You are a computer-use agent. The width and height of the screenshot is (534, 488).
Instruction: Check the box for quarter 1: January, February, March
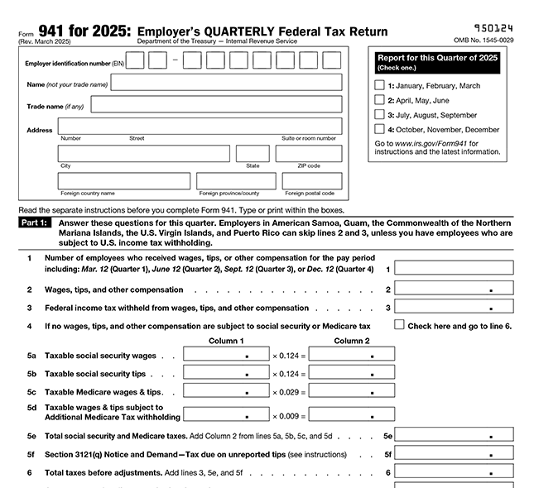pyautogui.click(x=379, y=85)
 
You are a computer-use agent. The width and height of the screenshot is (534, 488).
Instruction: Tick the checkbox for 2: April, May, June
pyautogui.click(x=379, y=100)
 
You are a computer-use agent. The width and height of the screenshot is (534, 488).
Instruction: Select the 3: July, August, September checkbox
pyautogui.click(x=379, y=115)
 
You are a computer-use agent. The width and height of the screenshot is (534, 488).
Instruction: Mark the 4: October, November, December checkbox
pyautogui.click(x=379, y=129)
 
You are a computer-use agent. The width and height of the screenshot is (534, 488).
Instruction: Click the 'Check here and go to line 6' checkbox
pyautogui.click(x=399, y=325)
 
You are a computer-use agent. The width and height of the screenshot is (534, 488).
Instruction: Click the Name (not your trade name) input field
pyautogui.click(x=226, y=83)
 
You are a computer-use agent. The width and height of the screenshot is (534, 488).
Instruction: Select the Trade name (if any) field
pyautogui.click(x=216, y=104)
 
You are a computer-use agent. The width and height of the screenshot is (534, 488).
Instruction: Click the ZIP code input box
pyautogui.click(x=308, y=154)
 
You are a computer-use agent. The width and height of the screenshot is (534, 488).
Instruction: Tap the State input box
pyautogui.click(x=253, y=154)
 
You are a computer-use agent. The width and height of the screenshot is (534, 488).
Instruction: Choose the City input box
pyautogui.click(x=142, y=154)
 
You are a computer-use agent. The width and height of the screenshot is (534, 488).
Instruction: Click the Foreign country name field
pyautogui.click(x=123, y=181)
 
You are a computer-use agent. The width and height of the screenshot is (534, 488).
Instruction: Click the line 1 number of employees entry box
pyautogui.click(x=454, y=268)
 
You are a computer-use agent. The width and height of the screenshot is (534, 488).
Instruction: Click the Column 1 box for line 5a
pyautogui.click(x=226, y=354)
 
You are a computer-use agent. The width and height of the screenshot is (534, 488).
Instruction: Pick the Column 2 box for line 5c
pyautogui.click(x=351, y=391)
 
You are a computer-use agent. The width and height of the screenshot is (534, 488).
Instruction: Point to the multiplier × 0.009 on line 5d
pyautogui.click(x=289, y=416)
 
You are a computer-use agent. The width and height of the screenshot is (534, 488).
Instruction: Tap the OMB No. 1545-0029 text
pyautogui.click(x=483, y=40)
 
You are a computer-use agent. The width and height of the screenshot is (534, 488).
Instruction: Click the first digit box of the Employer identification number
pyautogui.click(x=135, y=60)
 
